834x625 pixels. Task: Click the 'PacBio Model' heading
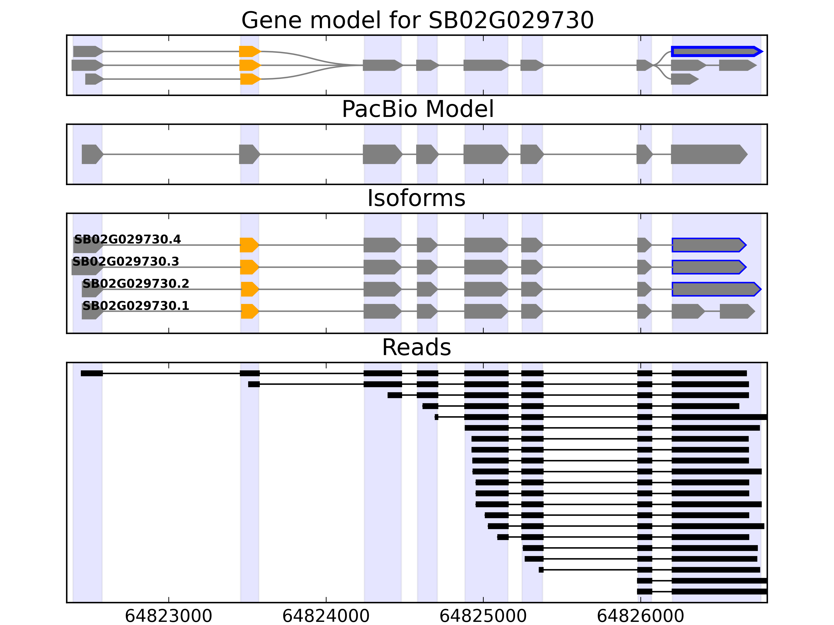click(417, 109)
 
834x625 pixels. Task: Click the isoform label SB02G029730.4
click(127, 239)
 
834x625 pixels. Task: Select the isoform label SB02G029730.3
click(126, 261)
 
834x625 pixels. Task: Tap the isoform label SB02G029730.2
click(136, 283)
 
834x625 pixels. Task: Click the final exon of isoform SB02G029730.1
click(736, 311)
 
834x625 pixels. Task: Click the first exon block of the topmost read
click(92, 373)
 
